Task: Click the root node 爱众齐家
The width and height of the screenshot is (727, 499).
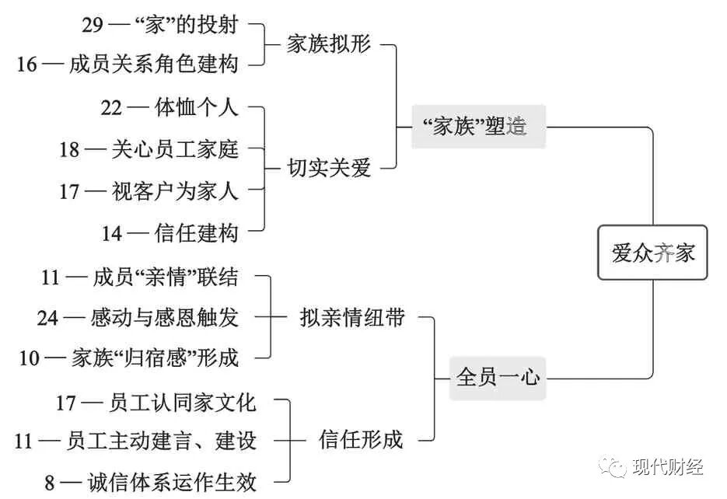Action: [652, 253]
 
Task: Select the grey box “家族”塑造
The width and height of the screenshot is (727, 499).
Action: [478, 127]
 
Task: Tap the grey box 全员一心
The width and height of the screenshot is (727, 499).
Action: [498, 378]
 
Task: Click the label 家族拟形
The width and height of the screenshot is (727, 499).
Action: [329, 44]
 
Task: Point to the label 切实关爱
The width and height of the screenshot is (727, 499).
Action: [329, 167]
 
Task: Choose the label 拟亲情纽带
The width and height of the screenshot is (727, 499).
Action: [352, 317]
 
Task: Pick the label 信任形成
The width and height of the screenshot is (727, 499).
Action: [361, 440]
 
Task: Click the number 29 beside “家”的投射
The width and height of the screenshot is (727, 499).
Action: [93, 24]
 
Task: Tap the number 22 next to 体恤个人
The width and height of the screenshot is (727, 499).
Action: [111, 107]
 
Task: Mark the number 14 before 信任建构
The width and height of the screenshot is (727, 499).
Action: [113, 232]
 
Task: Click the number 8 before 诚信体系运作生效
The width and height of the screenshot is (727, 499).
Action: [50, 483]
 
